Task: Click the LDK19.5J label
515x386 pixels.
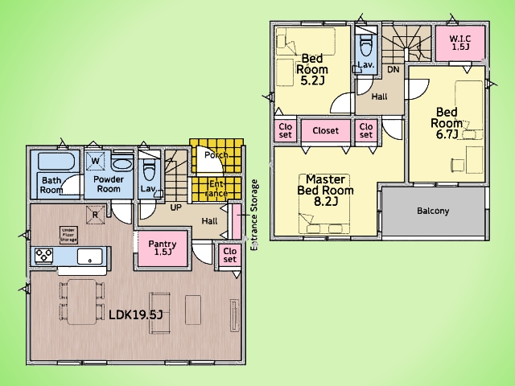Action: click(x=136, y=314)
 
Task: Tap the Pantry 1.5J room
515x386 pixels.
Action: click(x=163, y=249)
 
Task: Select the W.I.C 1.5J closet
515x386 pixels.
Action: click(x=460, y=43)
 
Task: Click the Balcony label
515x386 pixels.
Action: click(x=433, y=211)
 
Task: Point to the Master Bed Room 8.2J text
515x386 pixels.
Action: click(x=325, y=191)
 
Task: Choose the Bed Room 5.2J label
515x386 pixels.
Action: click(x=312, y=69)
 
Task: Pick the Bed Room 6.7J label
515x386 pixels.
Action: click(x=447, y=123)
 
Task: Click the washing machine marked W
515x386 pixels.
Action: click(x=96, y=161)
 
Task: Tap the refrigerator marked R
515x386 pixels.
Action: click(x=96, y=215)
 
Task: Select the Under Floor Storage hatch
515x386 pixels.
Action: click(x=69, y=236)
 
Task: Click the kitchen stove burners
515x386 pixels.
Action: click(x=44, y=256)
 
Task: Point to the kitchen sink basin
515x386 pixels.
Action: click(x=89, y=256)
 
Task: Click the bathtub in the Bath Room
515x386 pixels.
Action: click(x=56, y=161)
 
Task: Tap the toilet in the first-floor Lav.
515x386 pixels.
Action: click(x=149, y=170)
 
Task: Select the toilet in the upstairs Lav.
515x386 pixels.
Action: click(x=365, y=45)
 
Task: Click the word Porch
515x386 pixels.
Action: click(x=216, y=154)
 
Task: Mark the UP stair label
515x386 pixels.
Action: click(x=175, y=207)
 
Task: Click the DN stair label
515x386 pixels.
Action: click(x=393, y=70)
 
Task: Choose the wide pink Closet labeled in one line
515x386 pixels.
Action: click(x=325, y=130)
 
